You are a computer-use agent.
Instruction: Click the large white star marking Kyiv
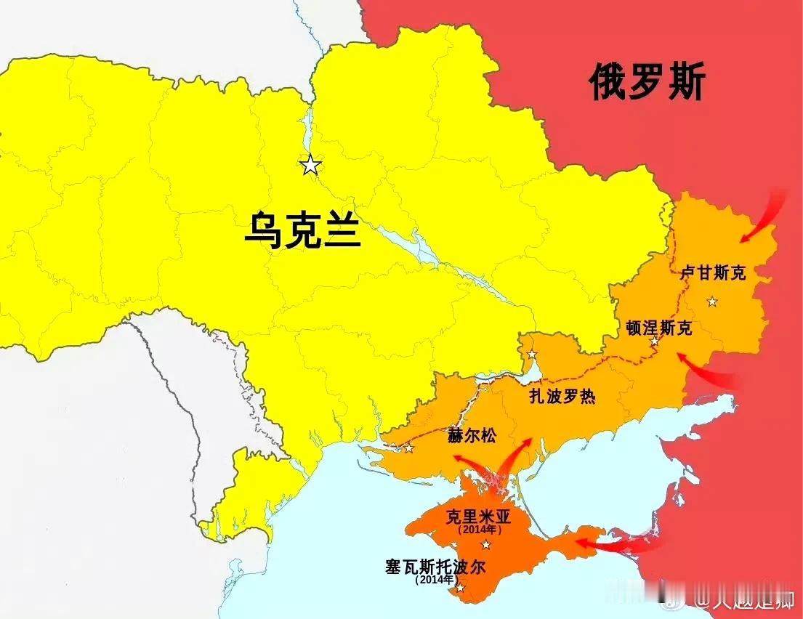point(311,166)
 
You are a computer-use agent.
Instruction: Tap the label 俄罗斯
point(646,81)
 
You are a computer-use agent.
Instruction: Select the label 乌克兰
point(302,230)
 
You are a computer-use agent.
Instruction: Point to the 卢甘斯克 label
point(713,273)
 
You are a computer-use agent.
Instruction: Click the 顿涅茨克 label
point(659,328)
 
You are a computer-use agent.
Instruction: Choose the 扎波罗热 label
point(562,397)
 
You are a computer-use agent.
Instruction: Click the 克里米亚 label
point(480,517)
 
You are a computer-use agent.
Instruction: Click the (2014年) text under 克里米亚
point(480,530)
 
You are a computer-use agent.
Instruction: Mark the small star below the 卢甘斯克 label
point(712,302)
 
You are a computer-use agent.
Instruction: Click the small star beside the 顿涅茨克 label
point(655,341)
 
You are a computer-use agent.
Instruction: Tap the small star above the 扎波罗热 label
point(532,355)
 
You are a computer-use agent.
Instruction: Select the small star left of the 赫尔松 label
point(408,448)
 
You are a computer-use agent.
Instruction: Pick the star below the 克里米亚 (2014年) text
point(486,545)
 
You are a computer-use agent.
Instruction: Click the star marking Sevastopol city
point(459,588)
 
